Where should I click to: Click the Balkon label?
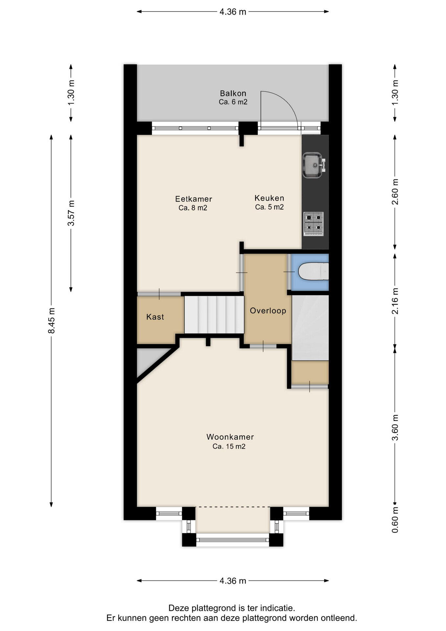tap(233, 93)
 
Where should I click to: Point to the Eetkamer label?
tap(193, 199)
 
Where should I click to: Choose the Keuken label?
tap(269, 198)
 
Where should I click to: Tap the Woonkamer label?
tap(230, 437)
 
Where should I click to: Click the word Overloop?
tap(268, 311)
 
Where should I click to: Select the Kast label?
tap(155, 317)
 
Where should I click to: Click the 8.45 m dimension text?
tap(51, 320)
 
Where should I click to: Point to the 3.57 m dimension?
tap(71, 213)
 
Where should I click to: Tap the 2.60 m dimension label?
tap(395, 192)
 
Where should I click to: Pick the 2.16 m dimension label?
tap(395, 301)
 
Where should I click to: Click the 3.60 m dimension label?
tap(395, 428)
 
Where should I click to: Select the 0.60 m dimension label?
tap(395, 520)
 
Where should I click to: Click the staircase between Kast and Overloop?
tap(214, 315)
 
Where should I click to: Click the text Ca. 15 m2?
tap(229, 446)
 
